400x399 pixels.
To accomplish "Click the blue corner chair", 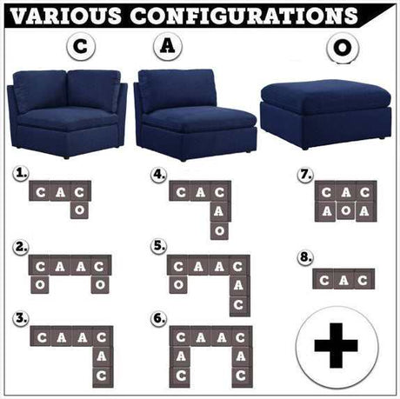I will (x=66, y=113).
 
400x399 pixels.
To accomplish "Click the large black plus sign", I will (x=336, y=345).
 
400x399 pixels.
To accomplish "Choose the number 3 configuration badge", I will (x=21, y=317).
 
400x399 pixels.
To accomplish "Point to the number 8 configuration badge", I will (x=304, y=258).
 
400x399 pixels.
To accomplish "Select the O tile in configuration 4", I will (x=219, y=229).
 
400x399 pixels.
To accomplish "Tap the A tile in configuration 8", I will (x=343, y=280).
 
